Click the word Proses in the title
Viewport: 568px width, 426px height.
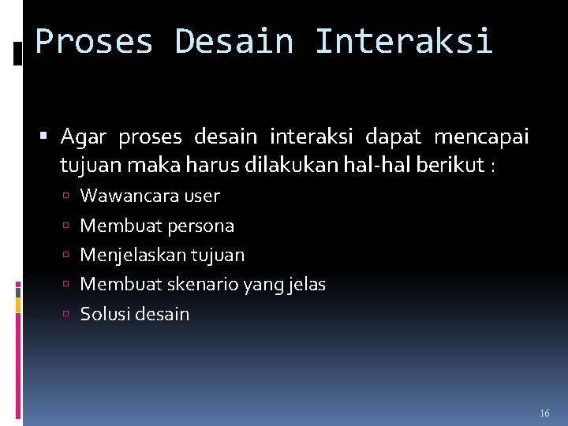pyautogui.click(x=94, y=41)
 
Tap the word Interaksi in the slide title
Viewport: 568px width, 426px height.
pyautogui.click(x=403, y=41)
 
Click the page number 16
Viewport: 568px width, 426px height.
pyautogui.click(x=544, y=413)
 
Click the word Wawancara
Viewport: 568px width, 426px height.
pyautogui.click(x=129, y=196)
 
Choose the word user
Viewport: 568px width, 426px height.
pyautogui.click(x=201, y=196)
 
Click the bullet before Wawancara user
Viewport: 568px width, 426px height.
pyautogui.click(x=69, y=196)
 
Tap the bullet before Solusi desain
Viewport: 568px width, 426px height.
pyautogui.click(x=69, y=315)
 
